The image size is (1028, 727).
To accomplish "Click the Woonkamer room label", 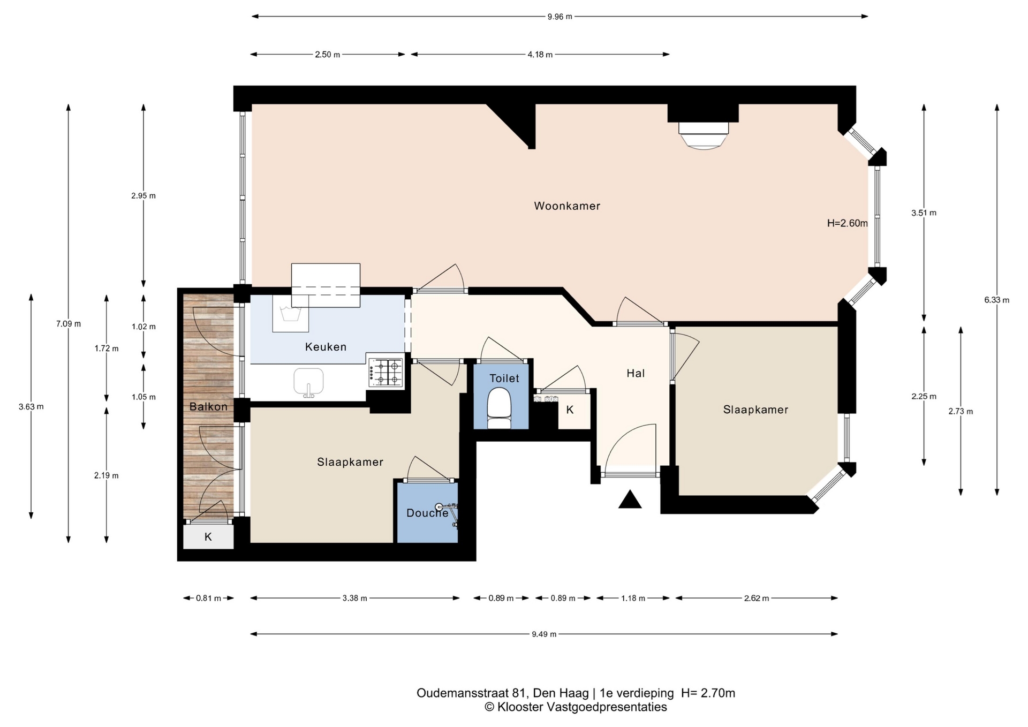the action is click(x=567, y=206).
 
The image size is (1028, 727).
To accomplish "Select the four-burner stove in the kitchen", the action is click(x=385, y=372).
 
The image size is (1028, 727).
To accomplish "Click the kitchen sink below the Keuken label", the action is click(x=308, y=382).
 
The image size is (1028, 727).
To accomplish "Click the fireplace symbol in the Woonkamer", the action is click(x=704, y=135).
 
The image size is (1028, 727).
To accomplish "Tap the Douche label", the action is click(x=427, y=513).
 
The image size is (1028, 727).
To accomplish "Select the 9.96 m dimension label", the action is click(x=560, y=17).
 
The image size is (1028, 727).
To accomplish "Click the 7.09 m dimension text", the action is click(x=69, y=324).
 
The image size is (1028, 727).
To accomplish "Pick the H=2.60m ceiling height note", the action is click(x=848, y=223).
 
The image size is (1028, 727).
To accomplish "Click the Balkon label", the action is click(x=208, y=407).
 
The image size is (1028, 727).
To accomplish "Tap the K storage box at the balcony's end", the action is click(x=208, y=536).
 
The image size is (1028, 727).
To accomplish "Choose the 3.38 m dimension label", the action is click(x=355, y=599).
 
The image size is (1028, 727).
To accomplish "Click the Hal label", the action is click(x=636, y=374).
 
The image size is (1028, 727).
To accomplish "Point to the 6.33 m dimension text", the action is click(x=996, y=300).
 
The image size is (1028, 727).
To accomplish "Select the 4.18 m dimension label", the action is click(x=540, y=55).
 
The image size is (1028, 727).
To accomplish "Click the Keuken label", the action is click(x=326, y=347).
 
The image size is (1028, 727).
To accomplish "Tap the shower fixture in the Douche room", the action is click(x=448, y=514).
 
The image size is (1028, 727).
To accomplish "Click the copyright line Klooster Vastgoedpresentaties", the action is click(x=576, y=707).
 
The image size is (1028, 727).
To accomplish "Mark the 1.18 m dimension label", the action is click(x=633, y=599).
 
